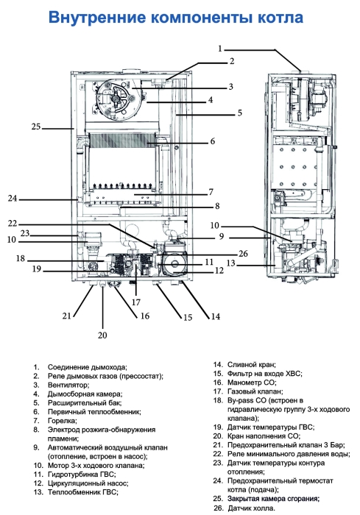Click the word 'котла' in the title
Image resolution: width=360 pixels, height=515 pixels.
(277, 17)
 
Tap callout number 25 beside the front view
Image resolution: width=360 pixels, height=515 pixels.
(36, 127)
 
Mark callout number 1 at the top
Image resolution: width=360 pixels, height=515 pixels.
(219, 48)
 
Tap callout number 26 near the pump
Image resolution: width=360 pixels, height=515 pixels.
(223, 255)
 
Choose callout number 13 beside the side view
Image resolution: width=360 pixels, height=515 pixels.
(231, 263)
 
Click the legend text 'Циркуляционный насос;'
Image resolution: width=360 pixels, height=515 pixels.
(87, 483)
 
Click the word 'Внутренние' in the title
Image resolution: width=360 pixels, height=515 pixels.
(98, 17)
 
